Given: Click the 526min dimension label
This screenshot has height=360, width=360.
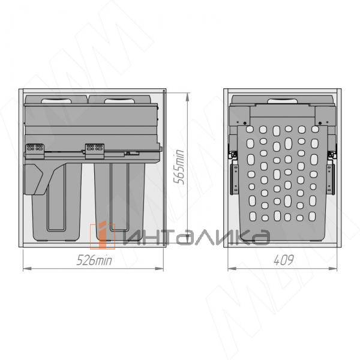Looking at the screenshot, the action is coord(94,260).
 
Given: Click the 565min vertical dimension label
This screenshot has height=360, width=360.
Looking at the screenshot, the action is coord(179,167).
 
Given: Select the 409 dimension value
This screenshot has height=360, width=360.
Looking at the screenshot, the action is coord(284,260).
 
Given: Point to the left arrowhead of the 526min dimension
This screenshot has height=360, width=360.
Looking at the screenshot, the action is coord(28,269).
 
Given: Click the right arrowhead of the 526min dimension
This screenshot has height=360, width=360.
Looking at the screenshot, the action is coord(159,269).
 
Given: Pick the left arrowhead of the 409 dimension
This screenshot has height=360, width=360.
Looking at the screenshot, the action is coord(232,269).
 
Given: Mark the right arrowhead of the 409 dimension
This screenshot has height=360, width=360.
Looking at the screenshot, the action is coord(333,269).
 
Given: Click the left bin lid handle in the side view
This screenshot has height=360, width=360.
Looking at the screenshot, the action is coord(56,101).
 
